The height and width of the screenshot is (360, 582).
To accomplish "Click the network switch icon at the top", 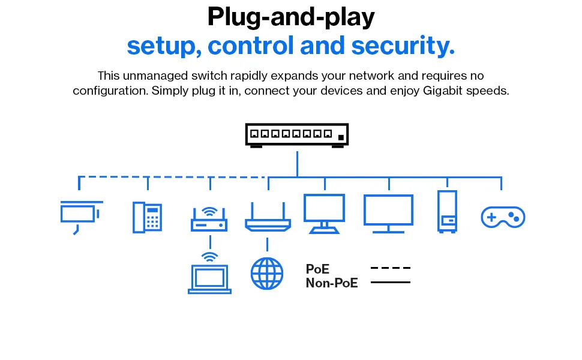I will (296, 135).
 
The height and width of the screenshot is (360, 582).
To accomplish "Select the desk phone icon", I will (147, 217).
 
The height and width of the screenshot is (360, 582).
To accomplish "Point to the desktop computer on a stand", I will (324, 213).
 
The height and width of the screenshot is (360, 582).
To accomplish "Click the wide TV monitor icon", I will (388, 213).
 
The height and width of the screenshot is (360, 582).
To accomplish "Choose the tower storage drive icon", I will (447, 211).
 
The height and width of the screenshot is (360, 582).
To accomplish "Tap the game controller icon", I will (503, 217).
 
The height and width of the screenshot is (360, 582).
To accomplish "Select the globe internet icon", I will (266, 274).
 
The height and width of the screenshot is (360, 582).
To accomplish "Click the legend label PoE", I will (317, 269).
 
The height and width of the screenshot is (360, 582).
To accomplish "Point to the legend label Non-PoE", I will (332, 283).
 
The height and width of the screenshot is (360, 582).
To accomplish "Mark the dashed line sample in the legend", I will (391, 268).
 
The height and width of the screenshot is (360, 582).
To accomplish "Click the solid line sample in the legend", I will (391, 282).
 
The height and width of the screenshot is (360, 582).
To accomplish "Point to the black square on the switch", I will (341, 138).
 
